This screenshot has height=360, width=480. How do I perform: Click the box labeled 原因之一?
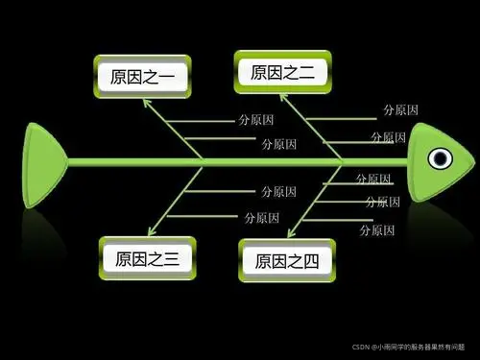tap(144, 77)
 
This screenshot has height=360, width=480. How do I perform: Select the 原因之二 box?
tap(282, 72)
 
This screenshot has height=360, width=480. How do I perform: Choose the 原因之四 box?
tap(285, 260)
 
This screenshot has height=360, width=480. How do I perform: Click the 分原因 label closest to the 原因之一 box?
tap(254, 122)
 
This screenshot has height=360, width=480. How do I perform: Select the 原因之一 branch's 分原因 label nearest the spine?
tap(279, 144)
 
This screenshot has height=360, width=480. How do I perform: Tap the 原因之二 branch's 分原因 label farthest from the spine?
tap(399, 110)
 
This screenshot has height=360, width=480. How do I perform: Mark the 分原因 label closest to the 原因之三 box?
tap(261, 218)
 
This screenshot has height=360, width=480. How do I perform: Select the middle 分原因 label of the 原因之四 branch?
tap(383, 203)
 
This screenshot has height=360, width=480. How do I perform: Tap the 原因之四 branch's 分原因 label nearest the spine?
tap(372, 180)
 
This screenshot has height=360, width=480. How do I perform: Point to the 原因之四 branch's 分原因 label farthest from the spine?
tap(376, 230)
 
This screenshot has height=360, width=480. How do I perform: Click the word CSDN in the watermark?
tap(362, 346)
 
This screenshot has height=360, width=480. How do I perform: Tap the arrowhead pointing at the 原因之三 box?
tap(151, 231)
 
